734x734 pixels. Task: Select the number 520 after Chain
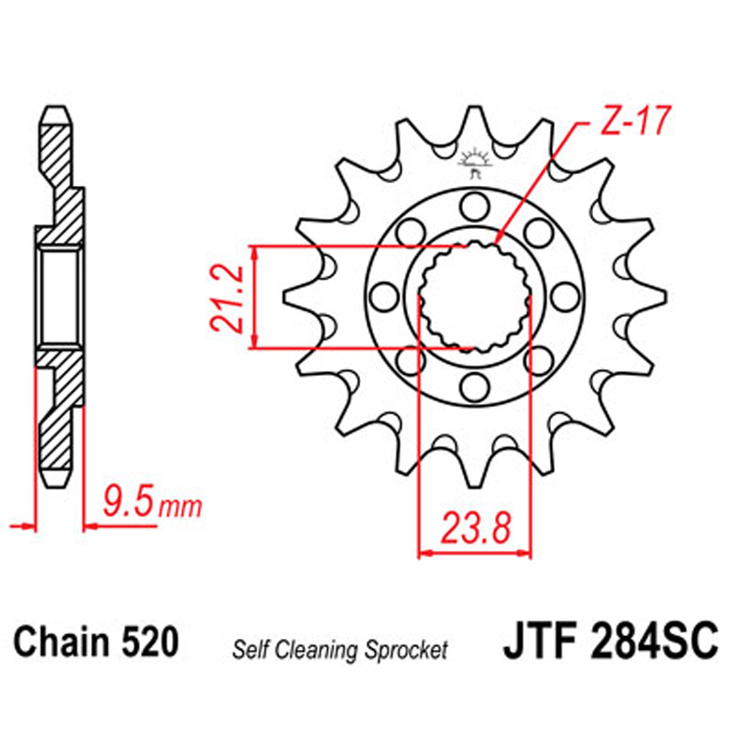point(151,643)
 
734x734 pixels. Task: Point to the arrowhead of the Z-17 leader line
point(498,240)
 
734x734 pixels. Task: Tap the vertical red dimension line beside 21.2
point(255,297)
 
